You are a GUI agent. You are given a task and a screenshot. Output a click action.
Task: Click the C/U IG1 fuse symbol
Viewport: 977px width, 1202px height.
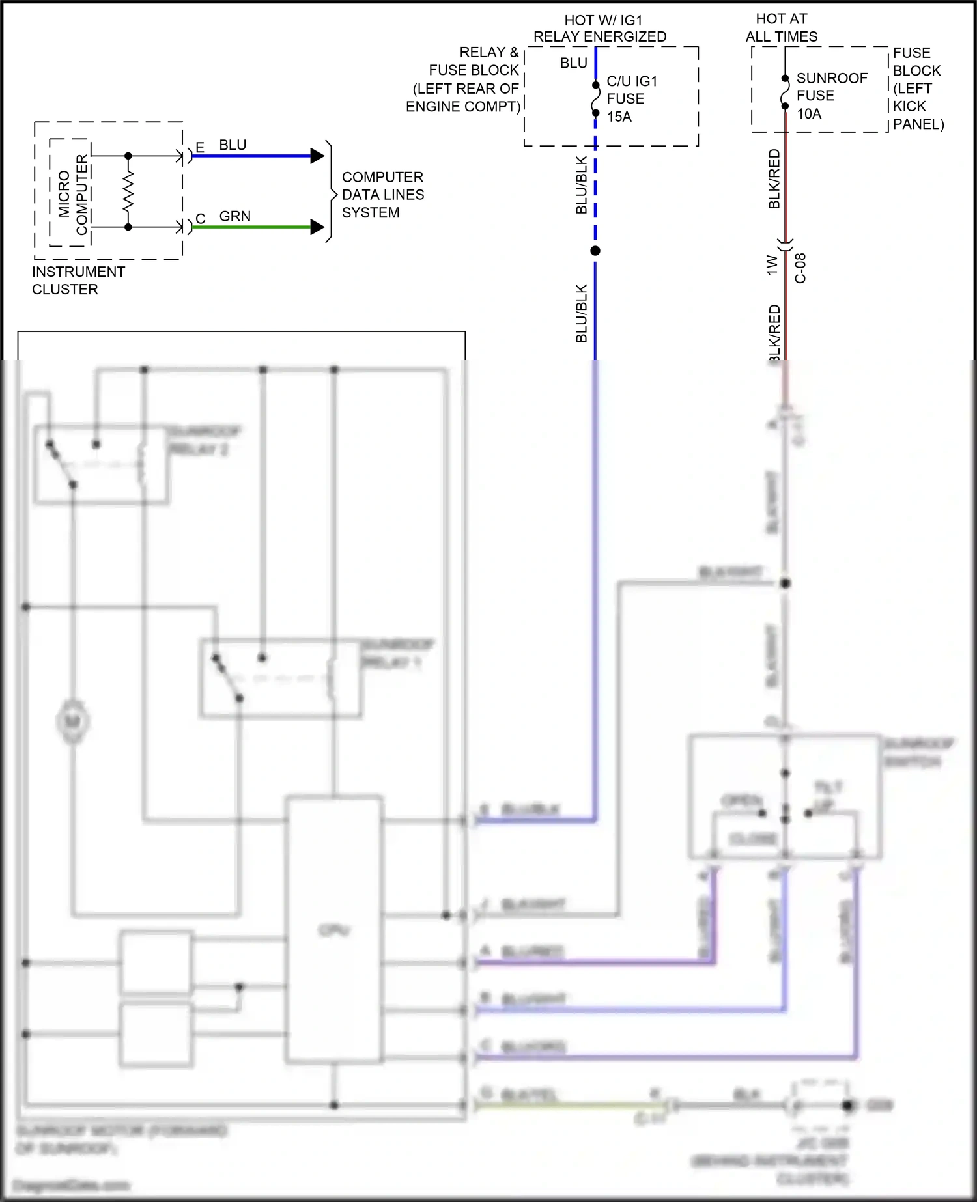(595, 99)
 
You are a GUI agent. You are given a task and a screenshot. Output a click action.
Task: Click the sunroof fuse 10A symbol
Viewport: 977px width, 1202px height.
(785, 92)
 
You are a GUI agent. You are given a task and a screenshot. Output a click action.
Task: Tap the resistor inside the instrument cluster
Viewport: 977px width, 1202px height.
(128, 191)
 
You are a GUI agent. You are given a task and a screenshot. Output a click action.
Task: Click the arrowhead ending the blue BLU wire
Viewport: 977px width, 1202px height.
(317, 156)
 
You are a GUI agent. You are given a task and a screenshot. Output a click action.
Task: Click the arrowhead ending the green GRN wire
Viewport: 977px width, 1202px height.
(317, 227)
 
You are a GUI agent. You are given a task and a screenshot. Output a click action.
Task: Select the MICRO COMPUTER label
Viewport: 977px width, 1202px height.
(72, 194)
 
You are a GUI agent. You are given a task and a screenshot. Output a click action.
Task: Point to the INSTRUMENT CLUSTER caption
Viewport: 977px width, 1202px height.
(78, 281)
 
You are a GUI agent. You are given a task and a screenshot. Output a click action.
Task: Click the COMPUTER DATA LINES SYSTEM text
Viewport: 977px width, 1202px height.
(382, 195)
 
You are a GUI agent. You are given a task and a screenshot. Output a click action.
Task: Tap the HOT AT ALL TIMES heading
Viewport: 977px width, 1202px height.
(781, 27)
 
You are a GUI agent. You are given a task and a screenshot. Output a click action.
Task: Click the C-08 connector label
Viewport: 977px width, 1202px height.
(800, 268)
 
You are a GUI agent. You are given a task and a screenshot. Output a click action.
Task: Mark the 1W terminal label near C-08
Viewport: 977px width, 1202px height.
(772, 264)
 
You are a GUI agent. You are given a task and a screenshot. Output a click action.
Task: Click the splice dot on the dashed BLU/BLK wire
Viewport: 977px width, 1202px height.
(595, 251)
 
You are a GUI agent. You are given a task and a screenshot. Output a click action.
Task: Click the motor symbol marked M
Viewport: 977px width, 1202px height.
(72, 721)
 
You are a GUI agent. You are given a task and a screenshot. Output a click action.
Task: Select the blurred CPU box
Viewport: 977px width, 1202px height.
(334, 929)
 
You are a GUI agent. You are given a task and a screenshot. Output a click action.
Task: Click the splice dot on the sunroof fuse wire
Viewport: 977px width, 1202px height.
(786, 583)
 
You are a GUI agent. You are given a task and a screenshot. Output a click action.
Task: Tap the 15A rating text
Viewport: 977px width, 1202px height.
(619, 117)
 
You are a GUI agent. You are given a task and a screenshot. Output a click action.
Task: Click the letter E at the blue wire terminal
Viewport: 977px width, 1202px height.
(200, 148)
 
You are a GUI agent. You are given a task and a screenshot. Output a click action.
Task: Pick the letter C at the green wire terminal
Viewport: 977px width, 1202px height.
(200, 219)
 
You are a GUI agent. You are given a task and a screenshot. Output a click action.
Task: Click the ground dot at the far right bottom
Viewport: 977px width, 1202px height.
(847, 1105)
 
